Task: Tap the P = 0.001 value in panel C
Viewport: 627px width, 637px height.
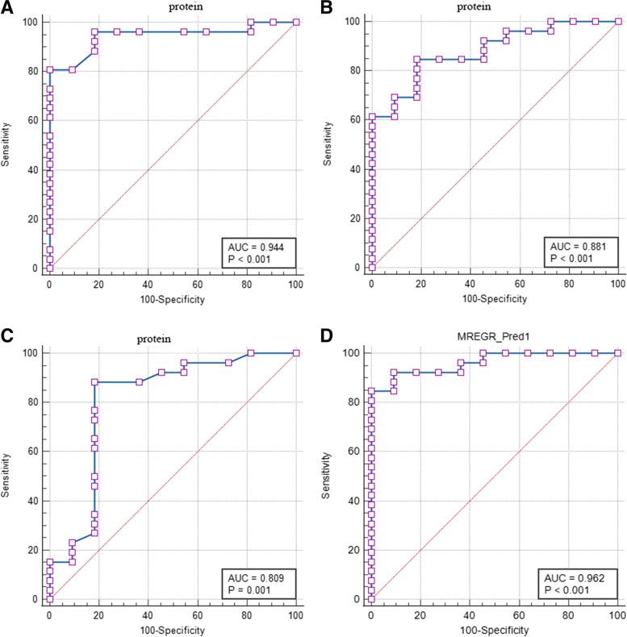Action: click(252, 590)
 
